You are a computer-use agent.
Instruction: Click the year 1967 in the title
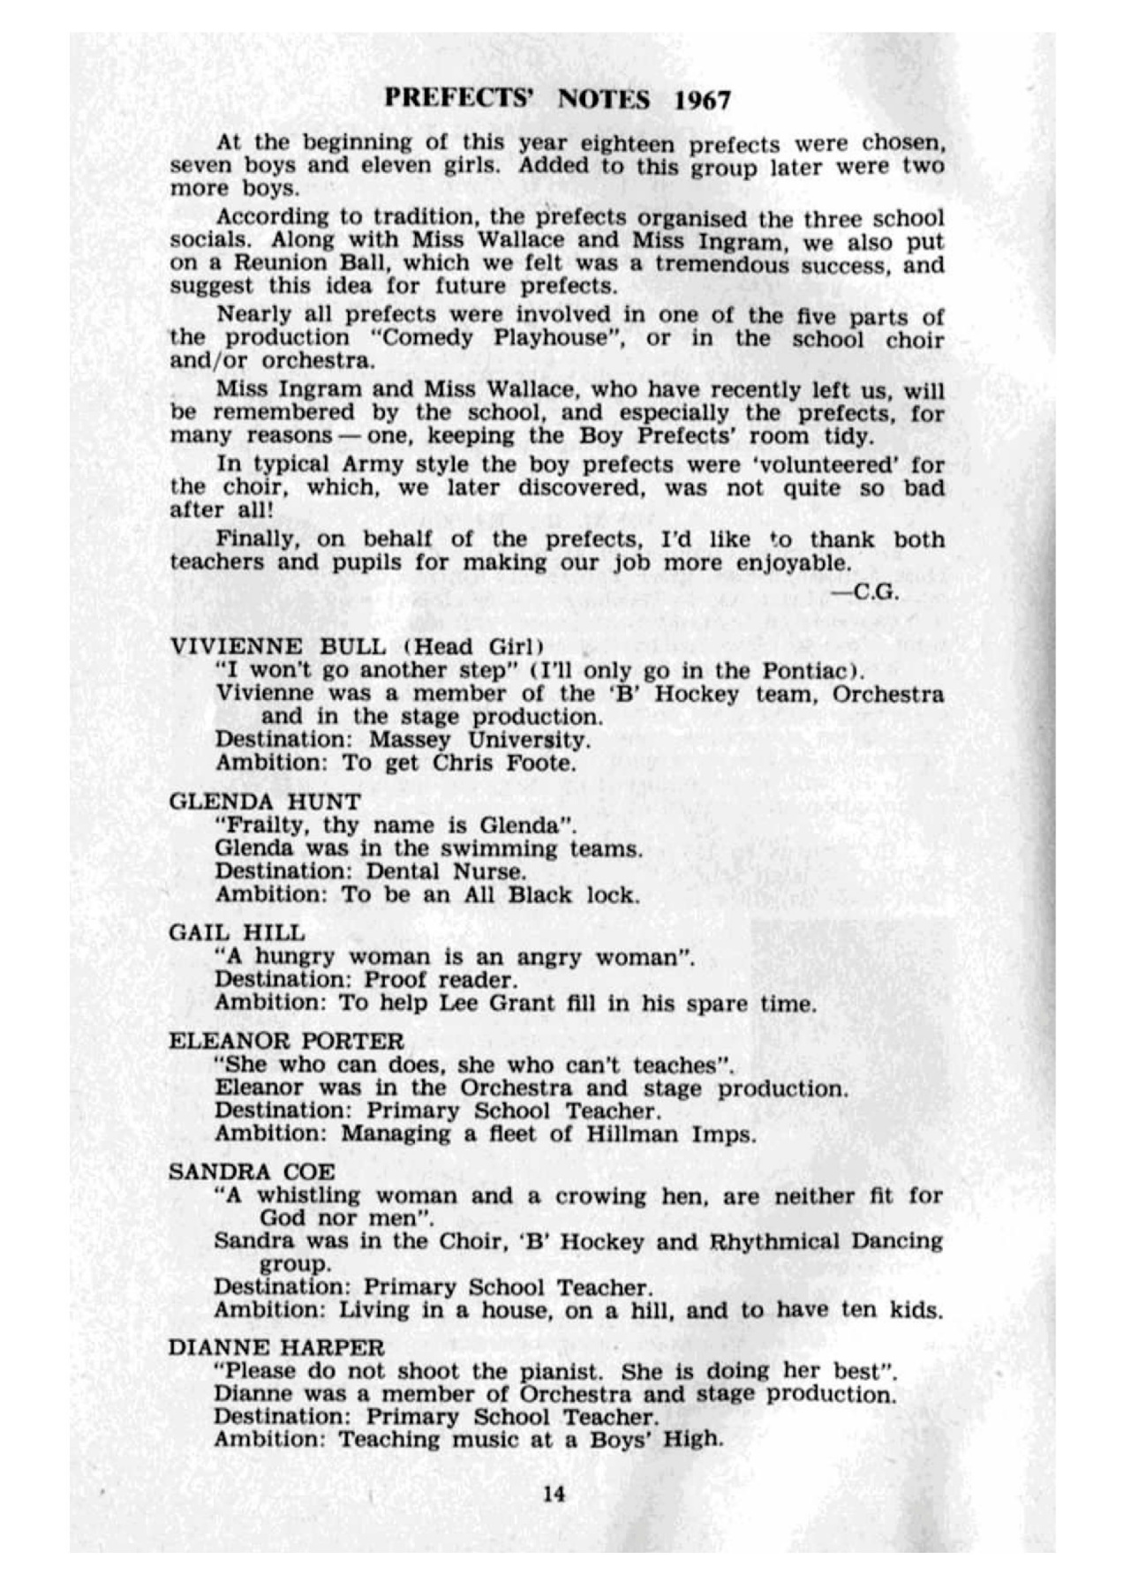tap(703, 100)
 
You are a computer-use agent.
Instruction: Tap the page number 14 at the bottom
tap(554, 1493)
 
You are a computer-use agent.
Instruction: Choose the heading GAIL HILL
tap(237, 932)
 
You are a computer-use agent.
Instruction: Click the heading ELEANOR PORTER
tap(286, 1041)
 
